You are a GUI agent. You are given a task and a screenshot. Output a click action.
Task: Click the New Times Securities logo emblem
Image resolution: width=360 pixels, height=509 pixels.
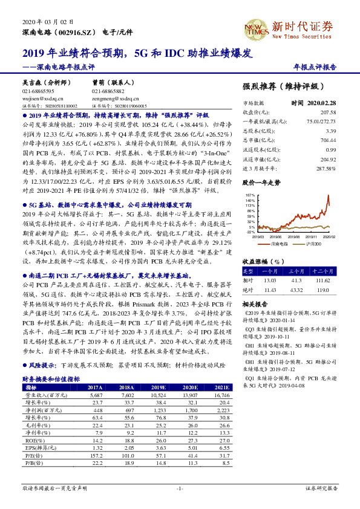(x=256, y=28)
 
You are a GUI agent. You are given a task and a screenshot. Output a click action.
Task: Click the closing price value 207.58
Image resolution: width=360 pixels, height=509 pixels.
(x=326, y=112)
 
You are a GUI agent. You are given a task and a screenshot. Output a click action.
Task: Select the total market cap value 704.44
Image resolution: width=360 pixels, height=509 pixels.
(x=327, y=140)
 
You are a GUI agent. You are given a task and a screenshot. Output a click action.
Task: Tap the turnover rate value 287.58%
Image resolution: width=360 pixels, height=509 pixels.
(x=324, y=167)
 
